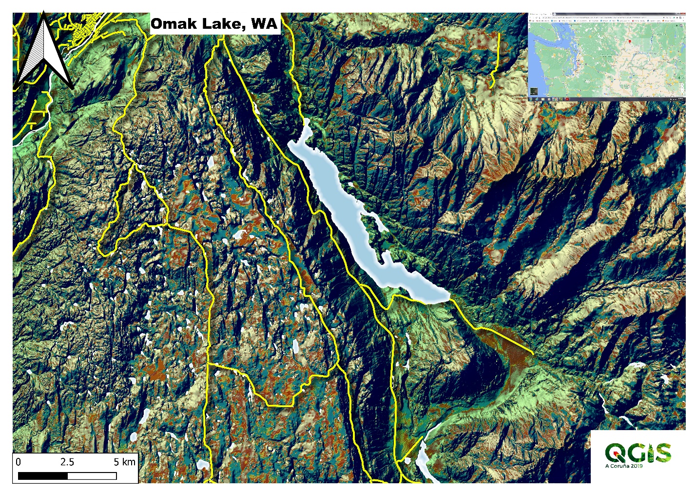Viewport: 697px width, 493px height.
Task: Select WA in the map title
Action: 264,24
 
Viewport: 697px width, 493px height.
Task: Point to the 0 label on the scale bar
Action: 19,462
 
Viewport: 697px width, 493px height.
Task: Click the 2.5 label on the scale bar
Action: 67,462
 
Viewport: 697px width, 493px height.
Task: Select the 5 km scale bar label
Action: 124,462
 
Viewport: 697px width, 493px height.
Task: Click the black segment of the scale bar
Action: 42,475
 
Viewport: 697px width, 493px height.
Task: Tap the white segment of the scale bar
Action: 92,475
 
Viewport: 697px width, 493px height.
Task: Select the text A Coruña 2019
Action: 623,466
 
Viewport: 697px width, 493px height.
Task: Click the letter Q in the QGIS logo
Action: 615,453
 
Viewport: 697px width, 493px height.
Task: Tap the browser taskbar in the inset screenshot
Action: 607,99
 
